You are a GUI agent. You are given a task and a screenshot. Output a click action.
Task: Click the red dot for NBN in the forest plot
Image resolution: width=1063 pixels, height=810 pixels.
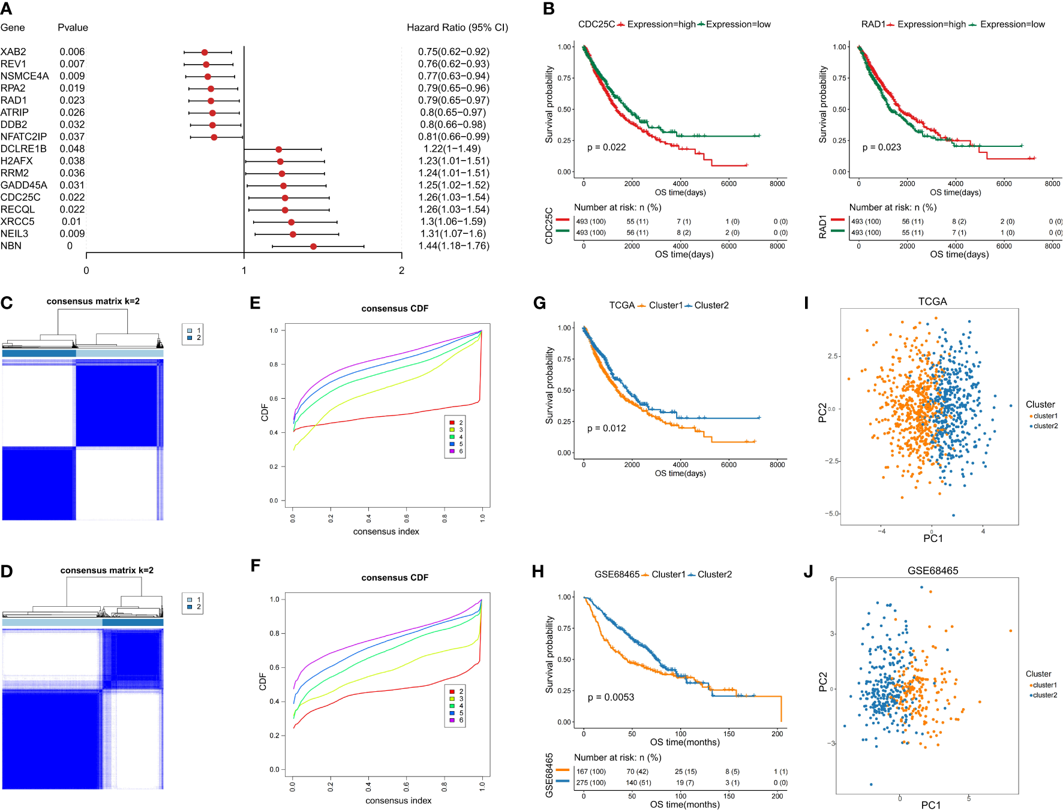313,246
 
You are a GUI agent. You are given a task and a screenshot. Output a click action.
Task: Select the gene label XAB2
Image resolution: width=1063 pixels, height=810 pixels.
13,52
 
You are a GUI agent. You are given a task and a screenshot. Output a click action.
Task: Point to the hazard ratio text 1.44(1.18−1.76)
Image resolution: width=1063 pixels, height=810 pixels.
454,246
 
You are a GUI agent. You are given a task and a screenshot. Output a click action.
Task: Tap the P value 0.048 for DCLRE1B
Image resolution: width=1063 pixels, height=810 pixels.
72,149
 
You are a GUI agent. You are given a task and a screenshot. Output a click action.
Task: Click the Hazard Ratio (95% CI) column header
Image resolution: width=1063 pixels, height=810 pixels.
457,28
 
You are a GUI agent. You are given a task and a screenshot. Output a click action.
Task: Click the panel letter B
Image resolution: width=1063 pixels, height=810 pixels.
548,9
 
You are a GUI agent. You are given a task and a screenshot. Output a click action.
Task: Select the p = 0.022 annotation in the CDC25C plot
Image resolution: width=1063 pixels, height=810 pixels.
606,147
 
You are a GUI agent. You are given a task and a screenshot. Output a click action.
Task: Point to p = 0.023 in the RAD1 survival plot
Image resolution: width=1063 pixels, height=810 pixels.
881,147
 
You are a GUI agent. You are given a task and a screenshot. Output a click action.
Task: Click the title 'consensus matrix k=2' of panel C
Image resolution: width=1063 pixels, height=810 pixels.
93,301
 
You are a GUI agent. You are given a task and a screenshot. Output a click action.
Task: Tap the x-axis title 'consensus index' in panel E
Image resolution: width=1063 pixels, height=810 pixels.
386,532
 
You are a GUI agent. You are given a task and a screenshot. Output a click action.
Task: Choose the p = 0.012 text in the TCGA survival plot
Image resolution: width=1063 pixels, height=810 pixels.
606,429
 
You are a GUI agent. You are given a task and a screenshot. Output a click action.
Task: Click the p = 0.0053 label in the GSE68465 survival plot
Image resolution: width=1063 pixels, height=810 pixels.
611,697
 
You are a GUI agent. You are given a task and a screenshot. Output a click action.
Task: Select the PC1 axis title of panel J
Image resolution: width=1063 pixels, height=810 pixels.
931,805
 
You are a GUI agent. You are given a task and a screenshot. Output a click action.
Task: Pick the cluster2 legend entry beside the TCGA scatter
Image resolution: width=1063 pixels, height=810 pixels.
1045,426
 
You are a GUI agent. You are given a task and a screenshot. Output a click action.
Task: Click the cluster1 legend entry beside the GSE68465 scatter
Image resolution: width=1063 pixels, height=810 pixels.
1044,685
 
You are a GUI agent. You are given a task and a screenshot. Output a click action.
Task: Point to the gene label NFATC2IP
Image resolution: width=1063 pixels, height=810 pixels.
23,137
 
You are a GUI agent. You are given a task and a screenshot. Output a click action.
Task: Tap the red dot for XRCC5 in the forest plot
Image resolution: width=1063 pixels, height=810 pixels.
291,222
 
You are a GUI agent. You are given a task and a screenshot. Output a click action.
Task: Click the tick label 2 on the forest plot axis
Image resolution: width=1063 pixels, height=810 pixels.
401,271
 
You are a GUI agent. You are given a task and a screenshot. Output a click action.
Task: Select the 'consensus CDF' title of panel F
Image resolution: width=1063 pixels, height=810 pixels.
395,578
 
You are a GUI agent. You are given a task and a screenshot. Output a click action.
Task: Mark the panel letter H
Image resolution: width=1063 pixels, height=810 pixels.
537,572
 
